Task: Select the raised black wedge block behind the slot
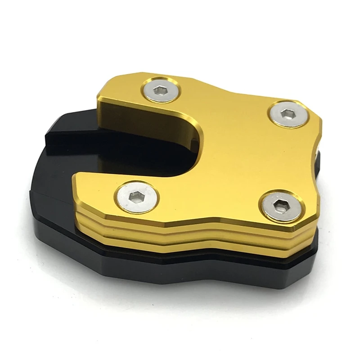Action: pyautogui.click(x=72, y=135)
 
